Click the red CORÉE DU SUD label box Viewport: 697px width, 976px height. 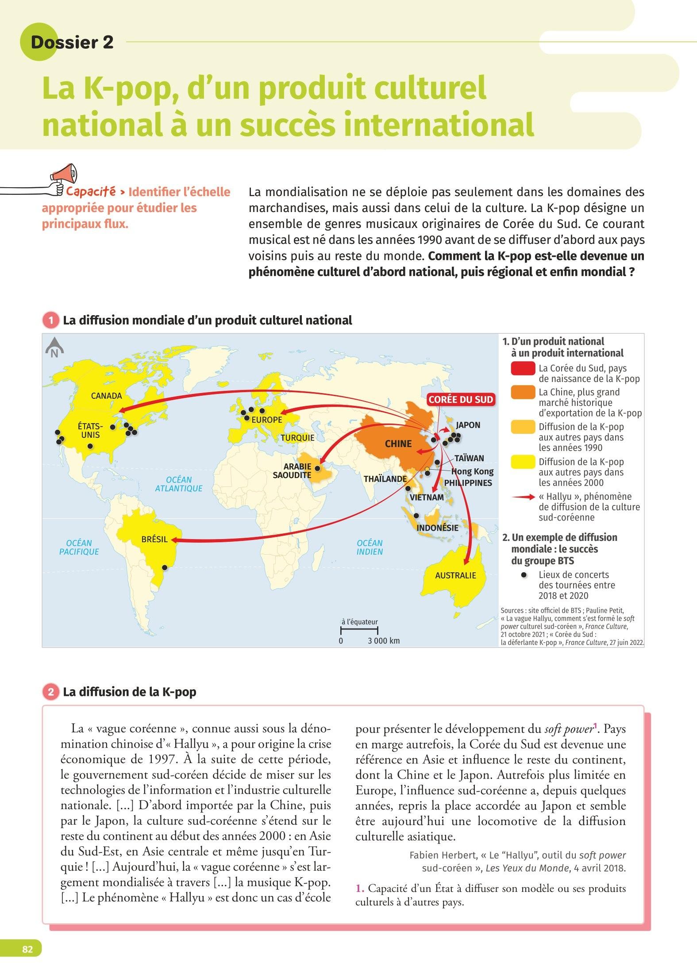461,400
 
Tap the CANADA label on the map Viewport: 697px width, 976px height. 106,396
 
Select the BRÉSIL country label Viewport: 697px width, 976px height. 154,539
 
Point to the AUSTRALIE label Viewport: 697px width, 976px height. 455,575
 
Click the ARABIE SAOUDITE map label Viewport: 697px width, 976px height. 292,471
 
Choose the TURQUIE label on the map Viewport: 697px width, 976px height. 297,438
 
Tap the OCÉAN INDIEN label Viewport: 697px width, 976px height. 370,547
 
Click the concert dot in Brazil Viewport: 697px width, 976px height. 165,567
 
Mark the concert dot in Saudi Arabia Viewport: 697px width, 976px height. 317,467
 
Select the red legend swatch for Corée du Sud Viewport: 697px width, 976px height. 523,369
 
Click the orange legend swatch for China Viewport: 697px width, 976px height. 523,393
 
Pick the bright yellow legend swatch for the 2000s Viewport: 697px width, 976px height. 523,462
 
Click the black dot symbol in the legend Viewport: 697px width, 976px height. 524,575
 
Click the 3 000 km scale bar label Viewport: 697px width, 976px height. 383,640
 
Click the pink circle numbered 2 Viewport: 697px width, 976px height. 51,692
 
